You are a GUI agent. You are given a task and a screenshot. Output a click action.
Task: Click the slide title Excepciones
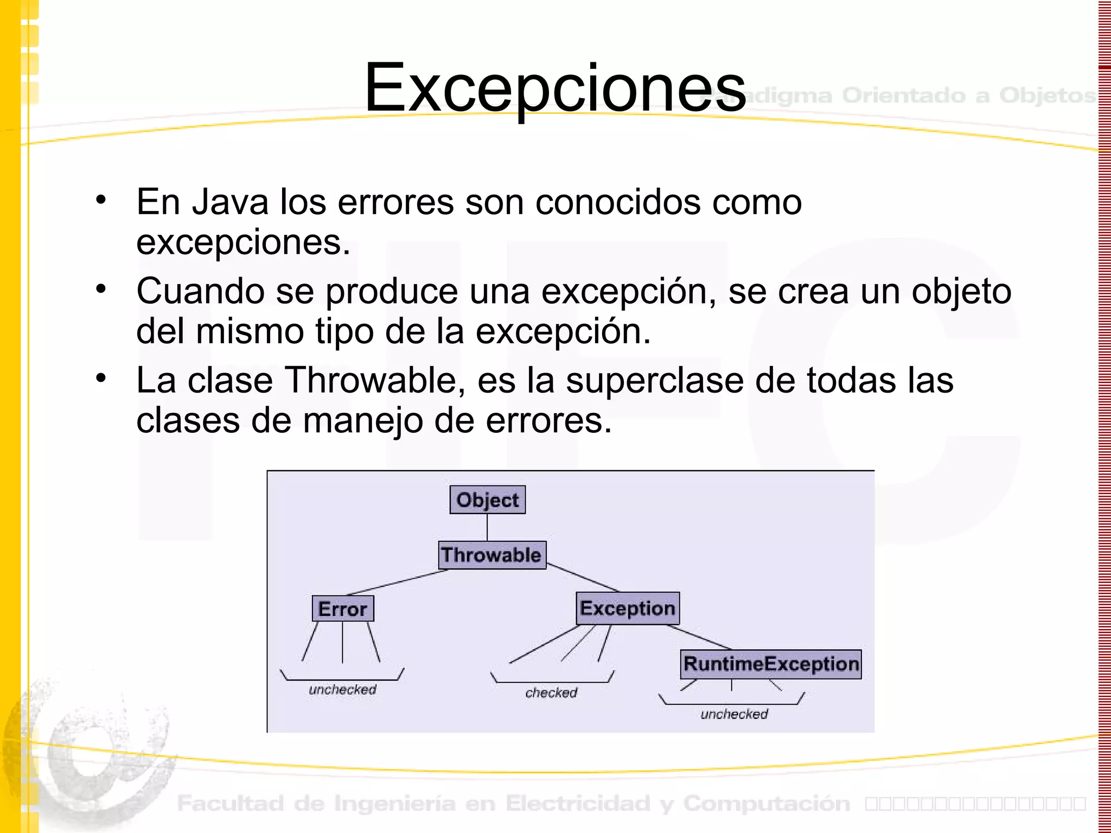pos(555,88)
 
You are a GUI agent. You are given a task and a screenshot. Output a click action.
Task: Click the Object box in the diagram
pos(487,499)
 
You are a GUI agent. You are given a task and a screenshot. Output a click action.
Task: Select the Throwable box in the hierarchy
pos(491,555)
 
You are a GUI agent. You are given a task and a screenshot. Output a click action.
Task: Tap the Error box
pos(342,608)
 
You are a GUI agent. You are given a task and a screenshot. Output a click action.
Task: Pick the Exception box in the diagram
pos(627,608)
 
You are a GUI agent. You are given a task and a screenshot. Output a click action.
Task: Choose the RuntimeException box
pos(770,664)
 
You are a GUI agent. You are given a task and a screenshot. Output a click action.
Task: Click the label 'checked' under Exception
pos(551,693)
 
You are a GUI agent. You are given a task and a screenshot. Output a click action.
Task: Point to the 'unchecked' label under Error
pos(342,689)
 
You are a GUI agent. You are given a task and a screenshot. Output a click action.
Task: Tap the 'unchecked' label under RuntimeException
pos(734,714)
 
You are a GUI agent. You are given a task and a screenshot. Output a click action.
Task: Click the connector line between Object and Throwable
pos(487,527)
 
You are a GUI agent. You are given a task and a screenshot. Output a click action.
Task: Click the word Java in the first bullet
pos(231,202)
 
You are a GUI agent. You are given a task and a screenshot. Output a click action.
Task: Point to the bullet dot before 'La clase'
pos(101,377)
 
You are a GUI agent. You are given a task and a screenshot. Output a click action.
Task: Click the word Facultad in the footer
pos(231,803)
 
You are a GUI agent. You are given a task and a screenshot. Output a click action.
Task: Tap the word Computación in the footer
pos(767,803)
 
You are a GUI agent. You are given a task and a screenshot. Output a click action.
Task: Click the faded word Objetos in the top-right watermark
pos(1047,95)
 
